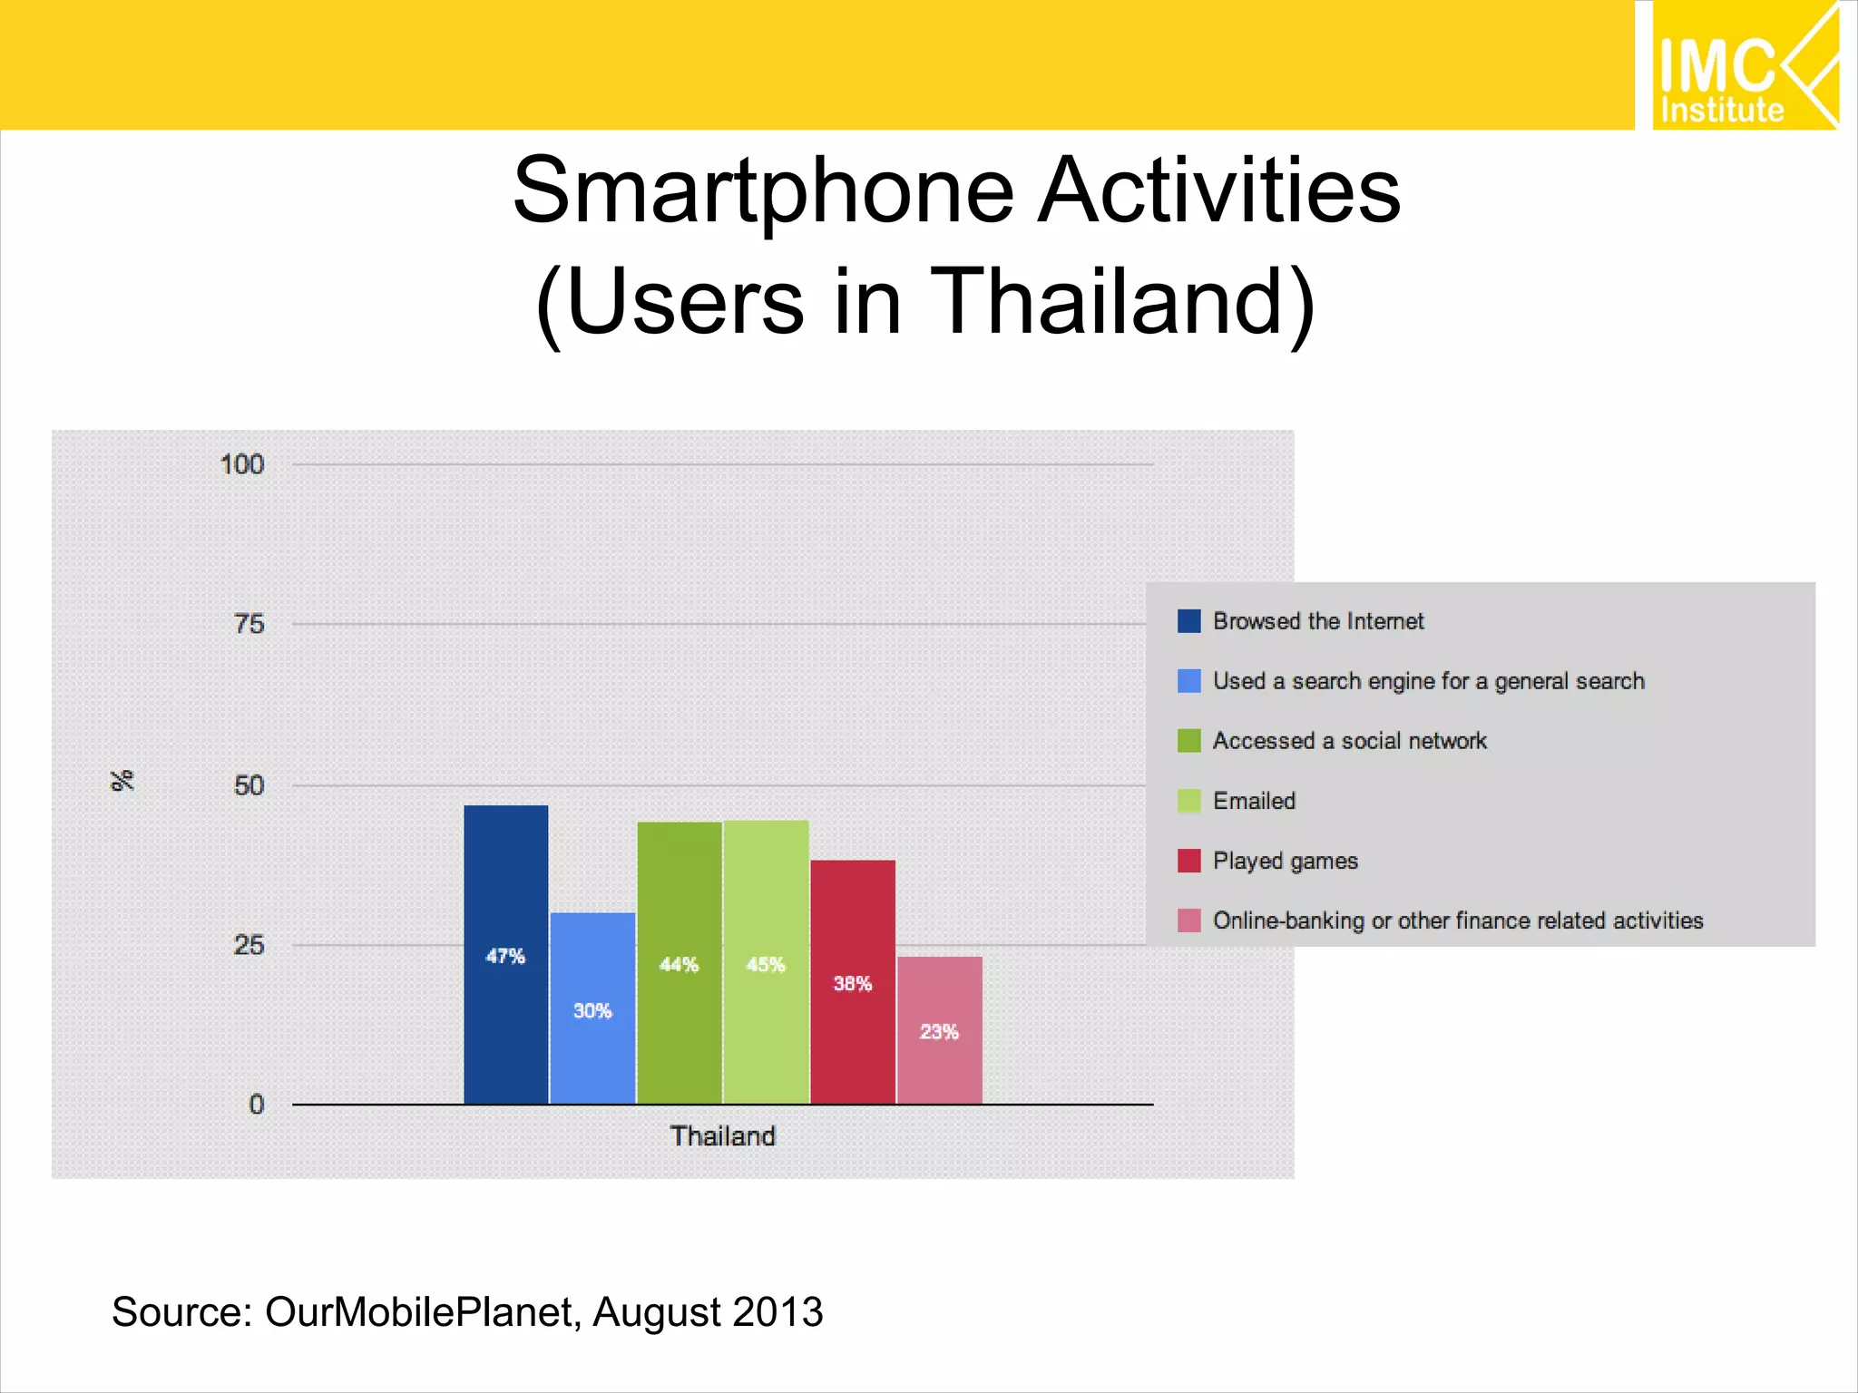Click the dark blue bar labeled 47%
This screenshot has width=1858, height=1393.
[505, 954]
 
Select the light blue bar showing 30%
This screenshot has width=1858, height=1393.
[592, 1008]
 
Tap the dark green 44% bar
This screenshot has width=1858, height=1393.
[679, 962]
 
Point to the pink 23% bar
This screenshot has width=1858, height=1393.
[940, 1030]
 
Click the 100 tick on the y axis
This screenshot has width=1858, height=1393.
[241, 464]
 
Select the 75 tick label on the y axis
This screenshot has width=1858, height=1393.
[249, 624]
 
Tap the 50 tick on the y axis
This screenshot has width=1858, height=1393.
[249, 784]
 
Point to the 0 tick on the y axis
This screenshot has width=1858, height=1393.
[257, 1104]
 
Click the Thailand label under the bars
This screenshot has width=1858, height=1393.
[723, 1135]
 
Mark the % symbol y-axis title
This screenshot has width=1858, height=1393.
[122, 780]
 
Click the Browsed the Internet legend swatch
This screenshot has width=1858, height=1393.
[1188, 621]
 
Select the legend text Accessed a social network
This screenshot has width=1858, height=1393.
[1349, 741]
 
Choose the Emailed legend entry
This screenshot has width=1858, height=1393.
[1254, 801]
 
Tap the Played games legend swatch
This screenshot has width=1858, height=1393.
[1188, 861]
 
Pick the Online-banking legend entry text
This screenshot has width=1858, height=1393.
[1458, 921]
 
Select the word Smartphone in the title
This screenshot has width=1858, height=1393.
[762, 190]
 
